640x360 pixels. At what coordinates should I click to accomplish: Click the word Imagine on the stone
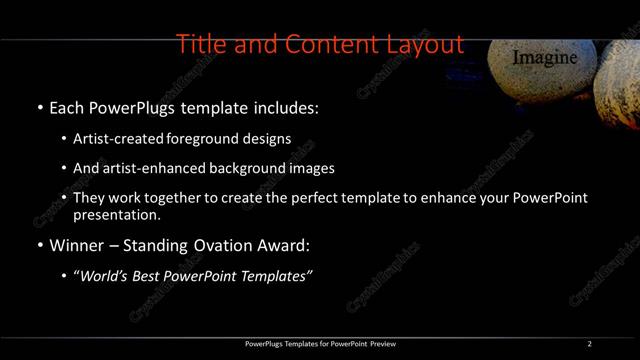[x=545, y=58]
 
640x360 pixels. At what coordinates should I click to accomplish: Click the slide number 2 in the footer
[x=590, y=344]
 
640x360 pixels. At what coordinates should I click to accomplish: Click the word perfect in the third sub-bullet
[x=314, y=198]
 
